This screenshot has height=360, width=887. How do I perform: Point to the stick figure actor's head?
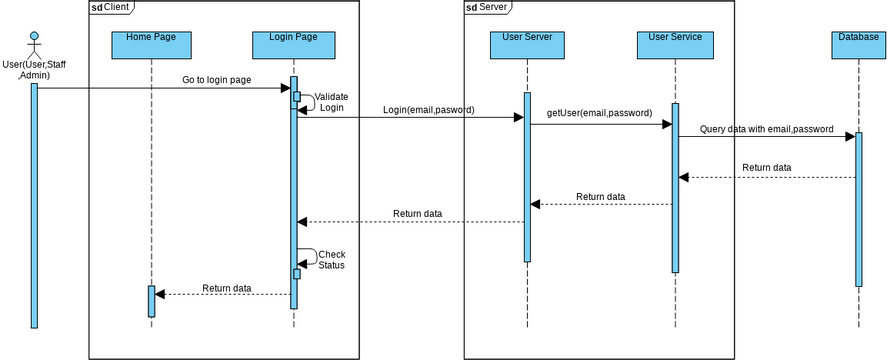click(34, 37)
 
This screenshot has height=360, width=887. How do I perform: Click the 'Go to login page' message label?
click(216, 79)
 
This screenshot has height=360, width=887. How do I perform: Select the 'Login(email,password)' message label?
click(428, 109)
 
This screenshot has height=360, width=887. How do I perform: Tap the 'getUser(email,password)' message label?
click(599, 114)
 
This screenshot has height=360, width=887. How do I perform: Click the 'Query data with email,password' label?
click(766, 129)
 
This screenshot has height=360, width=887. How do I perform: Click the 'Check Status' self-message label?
click(331, 260)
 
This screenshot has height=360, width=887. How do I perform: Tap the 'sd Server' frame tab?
click(487, 7)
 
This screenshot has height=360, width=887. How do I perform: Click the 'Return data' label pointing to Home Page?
click(227, 288)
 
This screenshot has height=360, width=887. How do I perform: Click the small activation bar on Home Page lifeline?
click(152, 301)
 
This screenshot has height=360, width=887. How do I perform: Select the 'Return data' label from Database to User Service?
click(766, 167)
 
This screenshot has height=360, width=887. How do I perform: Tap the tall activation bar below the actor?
click(34, 205)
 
